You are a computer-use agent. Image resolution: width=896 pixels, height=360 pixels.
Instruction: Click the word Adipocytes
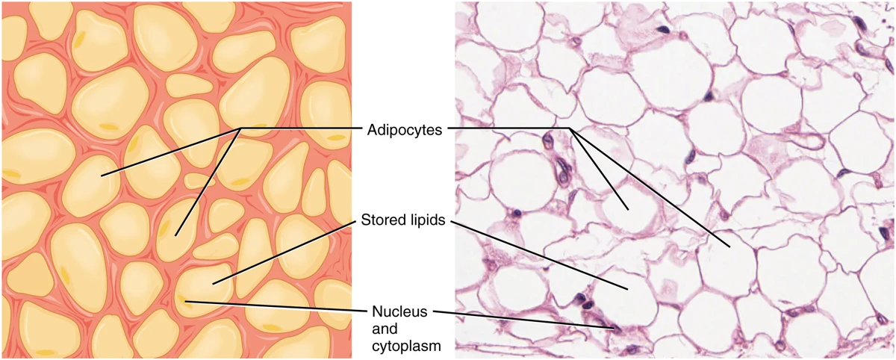coord(405,130)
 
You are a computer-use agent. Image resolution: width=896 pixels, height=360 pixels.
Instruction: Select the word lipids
coord(428,220)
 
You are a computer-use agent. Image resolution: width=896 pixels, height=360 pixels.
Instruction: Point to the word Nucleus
coord(399,311)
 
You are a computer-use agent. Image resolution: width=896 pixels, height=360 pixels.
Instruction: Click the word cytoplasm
coord(406,346)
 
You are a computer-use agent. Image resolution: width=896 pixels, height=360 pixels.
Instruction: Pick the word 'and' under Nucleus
coord(385,329)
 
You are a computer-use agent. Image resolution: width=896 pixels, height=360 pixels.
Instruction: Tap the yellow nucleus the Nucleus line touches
coord(183,299)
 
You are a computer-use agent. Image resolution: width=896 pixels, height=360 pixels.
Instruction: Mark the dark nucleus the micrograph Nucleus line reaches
coord(618,329)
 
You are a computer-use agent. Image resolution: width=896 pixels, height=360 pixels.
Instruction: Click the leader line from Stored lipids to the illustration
coord(284,252)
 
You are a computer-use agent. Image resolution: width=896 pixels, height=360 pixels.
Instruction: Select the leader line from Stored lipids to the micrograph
coord(538,255)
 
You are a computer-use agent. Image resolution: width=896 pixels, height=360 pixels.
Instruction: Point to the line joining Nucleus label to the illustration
coord(276,306)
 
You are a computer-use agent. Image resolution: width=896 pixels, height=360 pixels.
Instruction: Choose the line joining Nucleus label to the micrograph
coord(525,320)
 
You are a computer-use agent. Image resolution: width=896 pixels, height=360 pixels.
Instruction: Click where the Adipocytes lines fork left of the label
coord(240,128)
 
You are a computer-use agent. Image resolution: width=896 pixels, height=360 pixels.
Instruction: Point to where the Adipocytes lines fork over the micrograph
coord(570,128)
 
